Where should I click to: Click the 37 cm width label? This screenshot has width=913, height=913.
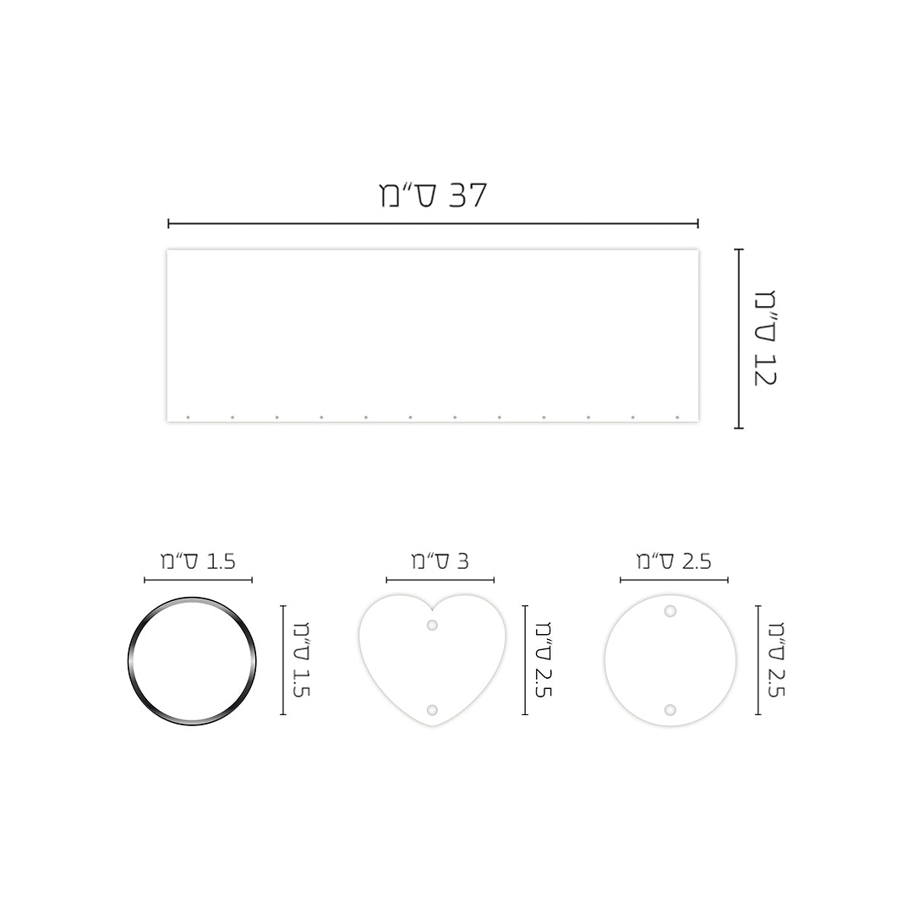[x=433, y=195]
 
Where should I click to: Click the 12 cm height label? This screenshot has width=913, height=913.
[x=765, y=337]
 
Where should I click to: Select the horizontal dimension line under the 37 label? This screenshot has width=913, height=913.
[x=433, y=223]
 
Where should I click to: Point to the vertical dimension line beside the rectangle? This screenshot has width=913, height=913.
[x=739, y=338]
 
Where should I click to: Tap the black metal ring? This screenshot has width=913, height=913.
[x=128, y=661]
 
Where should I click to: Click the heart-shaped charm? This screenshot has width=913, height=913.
[x=433, y=660]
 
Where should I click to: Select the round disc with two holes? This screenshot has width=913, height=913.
[x=670, y=660]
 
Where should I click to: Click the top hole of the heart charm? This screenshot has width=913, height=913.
[x=432, y=625]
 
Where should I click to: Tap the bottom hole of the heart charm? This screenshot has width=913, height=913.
[x=432, y=710]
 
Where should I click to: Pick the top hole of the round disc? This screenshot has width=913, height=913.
[x=670, y=611]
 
